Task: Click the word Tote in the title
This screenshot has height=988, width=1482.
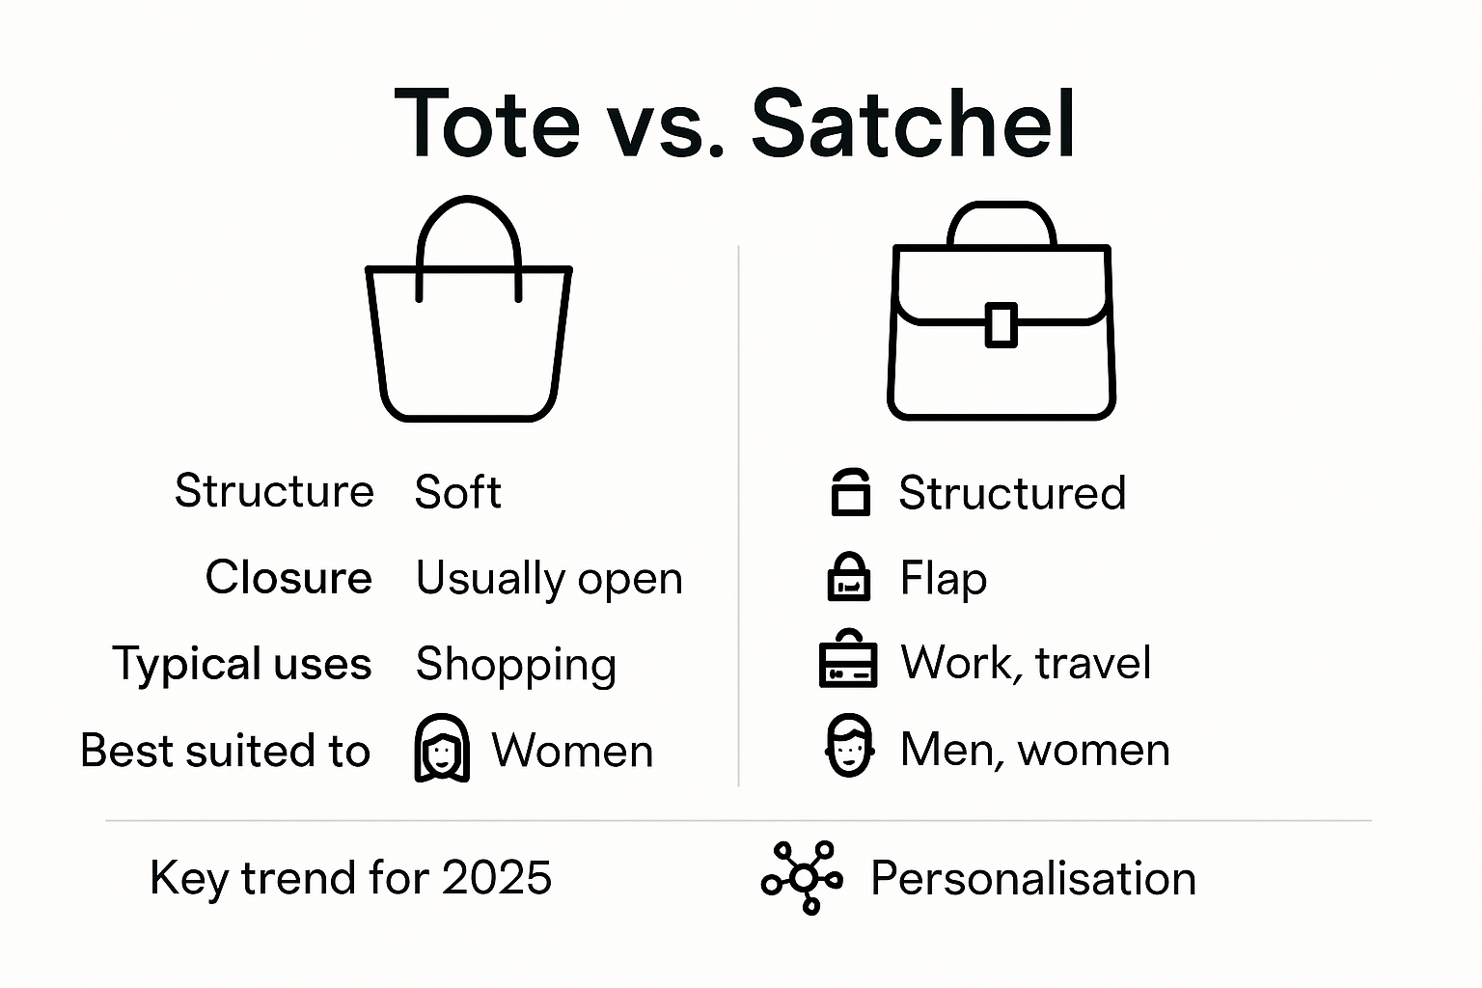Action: coord(487,124)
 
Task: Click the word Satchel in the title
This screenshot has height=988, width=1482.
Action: coord(913,124)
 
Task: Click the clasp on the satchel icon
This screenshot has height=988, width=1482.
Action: coord(1001,324)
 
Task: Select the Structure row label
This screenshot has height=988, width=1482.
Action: coord(274,491)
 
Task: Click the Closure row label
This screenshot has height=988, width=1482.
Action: coord(288,578)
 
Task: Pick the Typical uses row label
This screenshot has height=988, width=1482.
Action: coord(242,664)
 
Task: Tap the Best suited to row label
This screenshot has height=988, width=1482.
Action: coord(225,751)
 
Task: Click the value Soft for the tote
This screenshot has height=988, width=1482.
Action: coord(457,493)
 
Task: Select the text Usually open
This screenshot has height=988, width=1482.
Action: coord(549,579)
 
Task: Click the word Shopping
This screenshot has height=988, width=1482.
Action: coord(516,665)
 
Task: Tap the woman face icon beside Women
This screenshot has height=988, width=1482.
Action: coord(442,749)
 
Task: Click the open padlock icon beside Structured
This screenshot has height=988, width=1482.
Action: coord(850,492)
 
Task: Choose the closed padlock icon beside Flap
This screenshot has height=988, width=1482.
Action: coord(849,577)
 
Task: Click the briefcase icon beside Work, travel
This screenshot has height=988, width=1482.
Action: coord(848,660)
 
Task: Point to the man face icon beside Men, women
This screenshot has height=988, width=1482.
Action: coord(849,747)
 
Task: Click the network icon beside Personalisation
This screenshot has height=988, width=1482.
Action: coord(803,878)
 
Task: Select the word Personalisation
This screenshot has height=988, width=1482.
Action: coord(1032,879)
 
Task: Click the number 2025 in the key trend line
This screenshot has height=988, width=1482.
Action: coord(497,878)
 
